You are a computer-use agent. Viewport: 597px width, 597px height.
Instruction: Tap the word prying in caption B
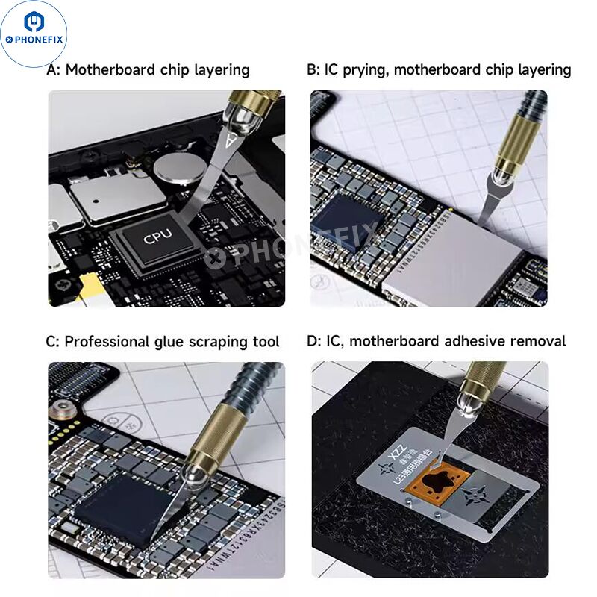point(365,70)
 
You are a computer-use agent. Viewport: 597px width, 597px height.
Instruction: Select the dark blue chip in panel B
point(344,222)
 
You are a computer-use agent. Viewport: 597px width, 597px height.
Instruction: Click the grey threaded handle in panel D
point(489,369)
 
